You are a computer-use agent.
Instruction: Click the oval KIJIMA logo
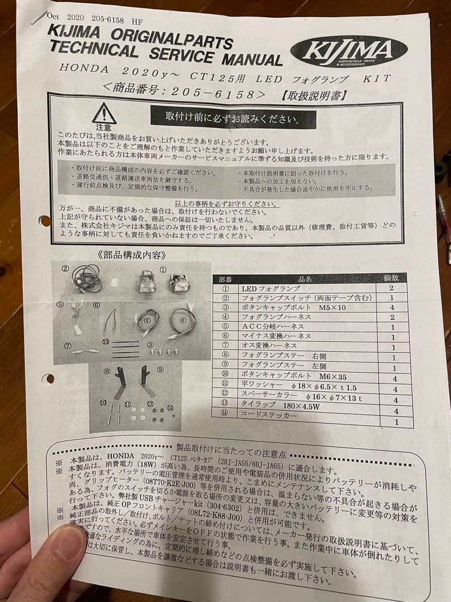pos(349,51)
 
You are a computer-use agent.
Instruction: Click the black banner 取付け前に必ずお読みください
pos(233,118)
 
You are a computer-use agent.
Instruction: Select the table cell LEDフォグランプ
pos(271,288)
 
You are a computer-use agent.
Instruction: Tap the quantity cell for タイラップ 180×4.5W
pos(396,411)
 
